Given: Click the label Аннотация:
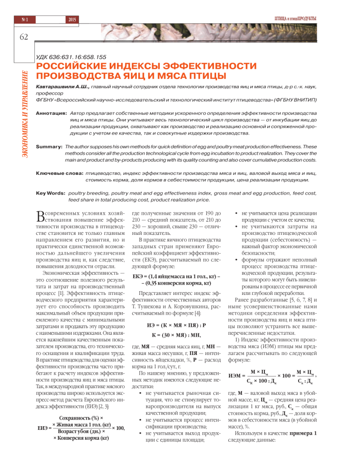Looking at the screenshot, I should coord(51,113).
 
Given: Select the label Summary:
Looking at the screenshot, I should coord(49,147).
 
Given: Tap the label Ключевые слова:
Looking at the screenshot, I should coord(59,173).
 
